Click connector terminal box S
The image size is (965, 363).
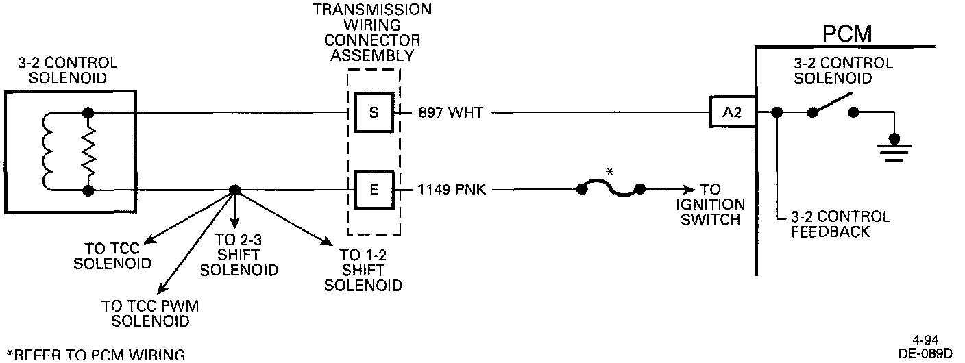click(x=374, y=112)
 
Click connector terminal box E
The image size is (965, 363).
click(x=374, y=189)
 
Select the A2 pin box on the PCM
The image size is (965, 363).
click(x=732, y=113)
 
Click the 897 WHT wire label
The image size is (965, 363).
click(x=450, y=113)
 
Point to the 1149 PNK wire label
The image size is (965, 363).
click(x=452, y=190)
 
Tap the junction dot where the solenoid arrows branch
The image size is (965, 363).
click(x=235, y=190)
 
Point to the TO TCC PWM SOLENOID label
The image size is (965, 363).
click(x=150, y=313)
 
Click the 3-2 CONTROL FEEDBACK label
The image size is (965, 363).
click(x=840, y=224)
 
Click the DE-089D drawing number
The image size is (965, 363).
click(x=925, y=353)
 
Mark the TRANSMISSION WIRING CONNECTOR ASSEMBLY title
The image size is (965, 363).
click(x=372, y=32)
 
